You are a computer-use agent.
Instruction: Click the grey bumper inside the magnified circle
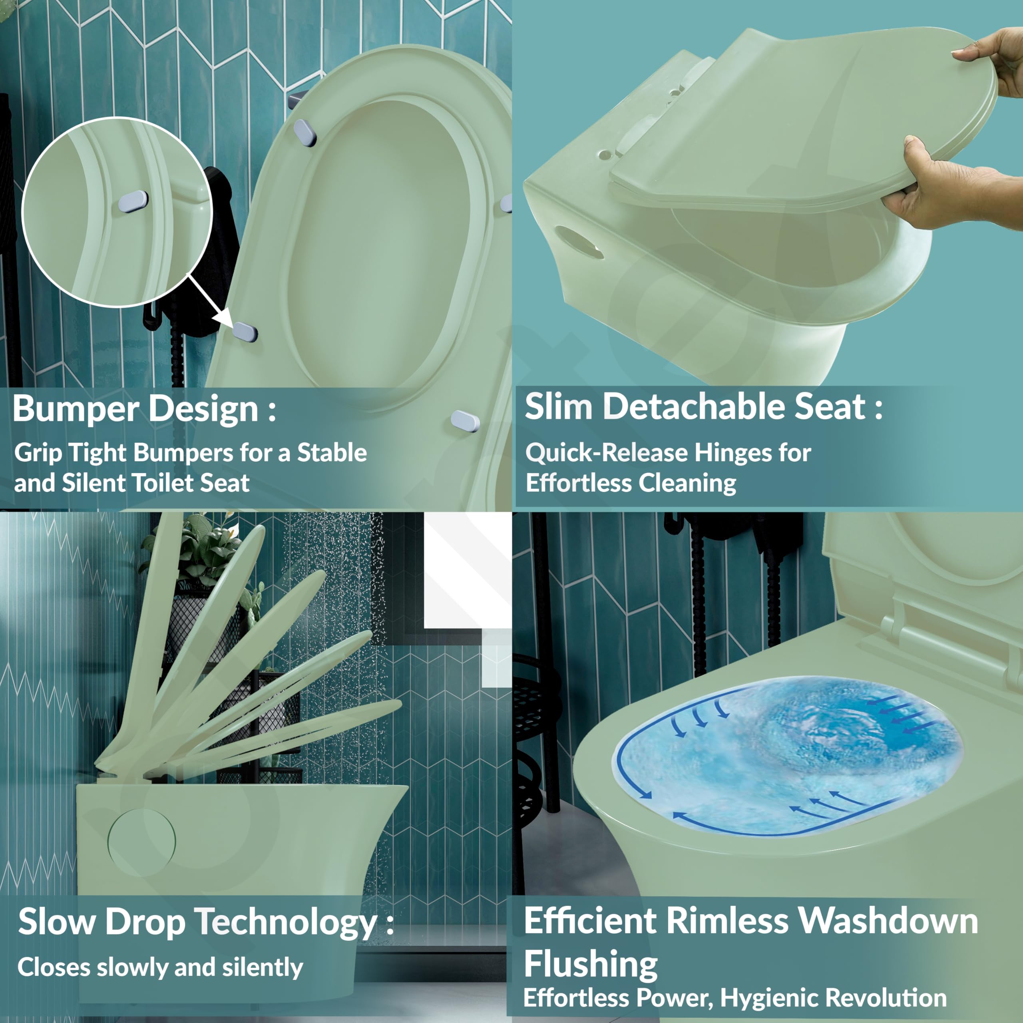[133, 201]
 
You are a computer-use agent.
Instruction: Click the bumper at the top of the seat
[306, 132]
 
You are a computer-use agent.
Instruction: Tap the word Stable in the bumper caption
[332, 453]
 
